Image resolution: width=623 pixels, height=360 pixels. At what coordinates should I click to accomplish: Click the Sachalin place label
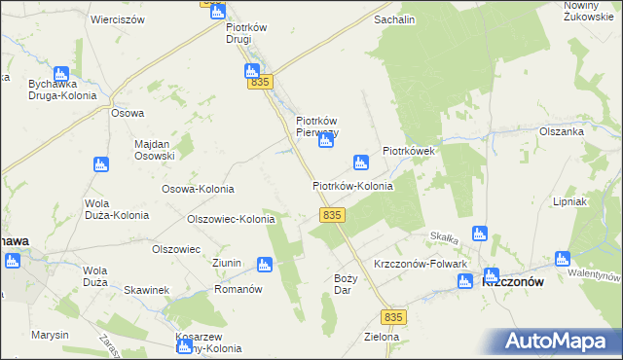tap(394, 19)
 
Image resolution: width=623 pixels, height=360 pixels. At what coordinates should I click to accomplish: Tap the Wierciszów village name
tap(117, 19)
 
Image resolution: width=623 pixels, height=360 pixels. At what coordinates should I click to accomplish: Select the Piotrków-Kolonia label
tap(352, 186)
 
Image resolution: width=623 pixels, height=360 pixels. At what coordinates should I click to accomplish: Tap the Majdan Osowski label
tap(154, 149)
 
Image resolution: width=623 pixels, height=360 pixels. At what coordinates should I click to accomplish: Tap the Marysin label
tap(50, 335)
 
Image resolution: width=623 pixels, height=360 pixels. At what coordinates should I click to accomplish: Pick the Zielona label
tap(381, 338)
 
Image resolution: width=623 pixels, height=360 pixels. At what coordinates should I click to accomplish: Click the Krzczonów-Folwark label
tap(421, 265)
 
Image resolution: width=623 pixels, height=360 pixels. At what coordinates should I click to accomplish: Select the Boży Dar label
tap(346, 284)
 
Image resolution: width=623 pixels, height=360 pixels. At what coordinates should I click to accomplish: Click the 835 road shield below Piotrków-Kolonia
tap(331, 214)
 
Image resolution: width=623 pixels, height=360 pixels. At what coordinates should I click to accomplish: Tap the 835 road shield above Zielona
tap(393, 318)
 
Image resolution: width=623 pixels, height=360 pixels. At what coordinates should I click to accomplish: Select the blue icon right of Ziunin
tap(264, 264)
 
